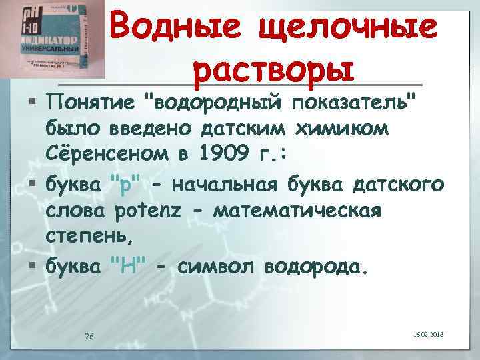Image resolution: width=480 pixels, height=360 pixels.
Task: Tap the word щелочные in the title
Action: pyautogui.click(x=353, y=27)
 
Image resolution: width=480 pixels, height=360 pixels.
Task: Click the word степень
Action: pyautogui.click(x=89, y=237)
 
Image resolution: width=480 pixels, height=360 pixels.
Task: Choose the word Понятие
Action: pyautogui.click(x=91, y=102)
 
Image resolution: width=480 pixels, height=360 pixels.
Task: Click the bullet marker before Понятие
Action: pyautogui.click(x=33, y=102)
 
